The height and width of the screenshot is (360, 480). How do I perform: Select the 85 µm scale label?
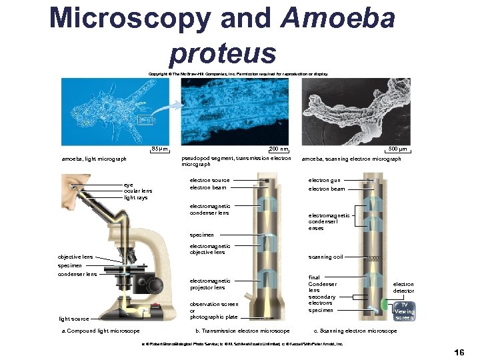pyautogui.click(x=160, y=149)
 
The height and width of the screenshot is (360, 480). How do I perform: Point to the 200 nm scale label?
pyautogui.click(x=279, y=149)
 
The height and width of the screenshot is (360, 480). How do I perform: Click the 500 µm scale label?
pyautogui.click(x=399, y=149)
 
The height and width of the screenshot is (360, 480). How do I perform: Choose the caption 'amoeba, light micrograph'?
pyautogui.click(x=94, y=159)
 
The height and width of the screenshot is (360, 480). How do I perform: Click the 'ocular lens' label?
pyautogui.click(x=138, y=191)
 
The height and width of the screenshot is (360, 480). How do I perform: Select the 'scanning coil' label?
pyautogui.click(x=325, y=257)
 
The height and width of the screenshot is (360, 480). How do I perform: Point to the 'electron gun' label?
pyautogui.click(x=324, y=180)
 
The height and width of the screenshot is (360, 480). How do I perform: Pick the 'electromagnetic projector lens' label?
pyautogui.click(x=210, y=285)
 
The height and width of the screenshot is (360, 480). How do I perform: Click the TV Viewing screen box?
pyautogui.click(x=404, y=311)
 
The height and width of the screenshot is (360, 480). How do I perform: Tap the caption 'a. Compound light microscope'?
pyautogui.click(x=100, y=331)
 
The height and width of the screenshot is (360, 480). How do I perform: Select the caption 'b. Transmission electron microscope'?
pyautogui.click(x=242, y=331)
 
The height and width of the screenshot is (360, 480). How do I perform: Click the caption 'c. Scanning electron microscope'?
pyautogui.click(x=355, y=331)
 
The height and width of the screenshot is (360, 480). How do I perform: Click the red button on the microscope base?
pyautogui.click(x=154, y=308)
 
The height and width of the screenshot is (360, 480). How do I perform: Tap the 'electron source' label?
pyautogui.click(x=209, y=180)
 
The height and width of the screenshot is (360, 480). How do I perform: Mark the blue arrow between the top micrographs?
pyautogui.click(x=172, y=104)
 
